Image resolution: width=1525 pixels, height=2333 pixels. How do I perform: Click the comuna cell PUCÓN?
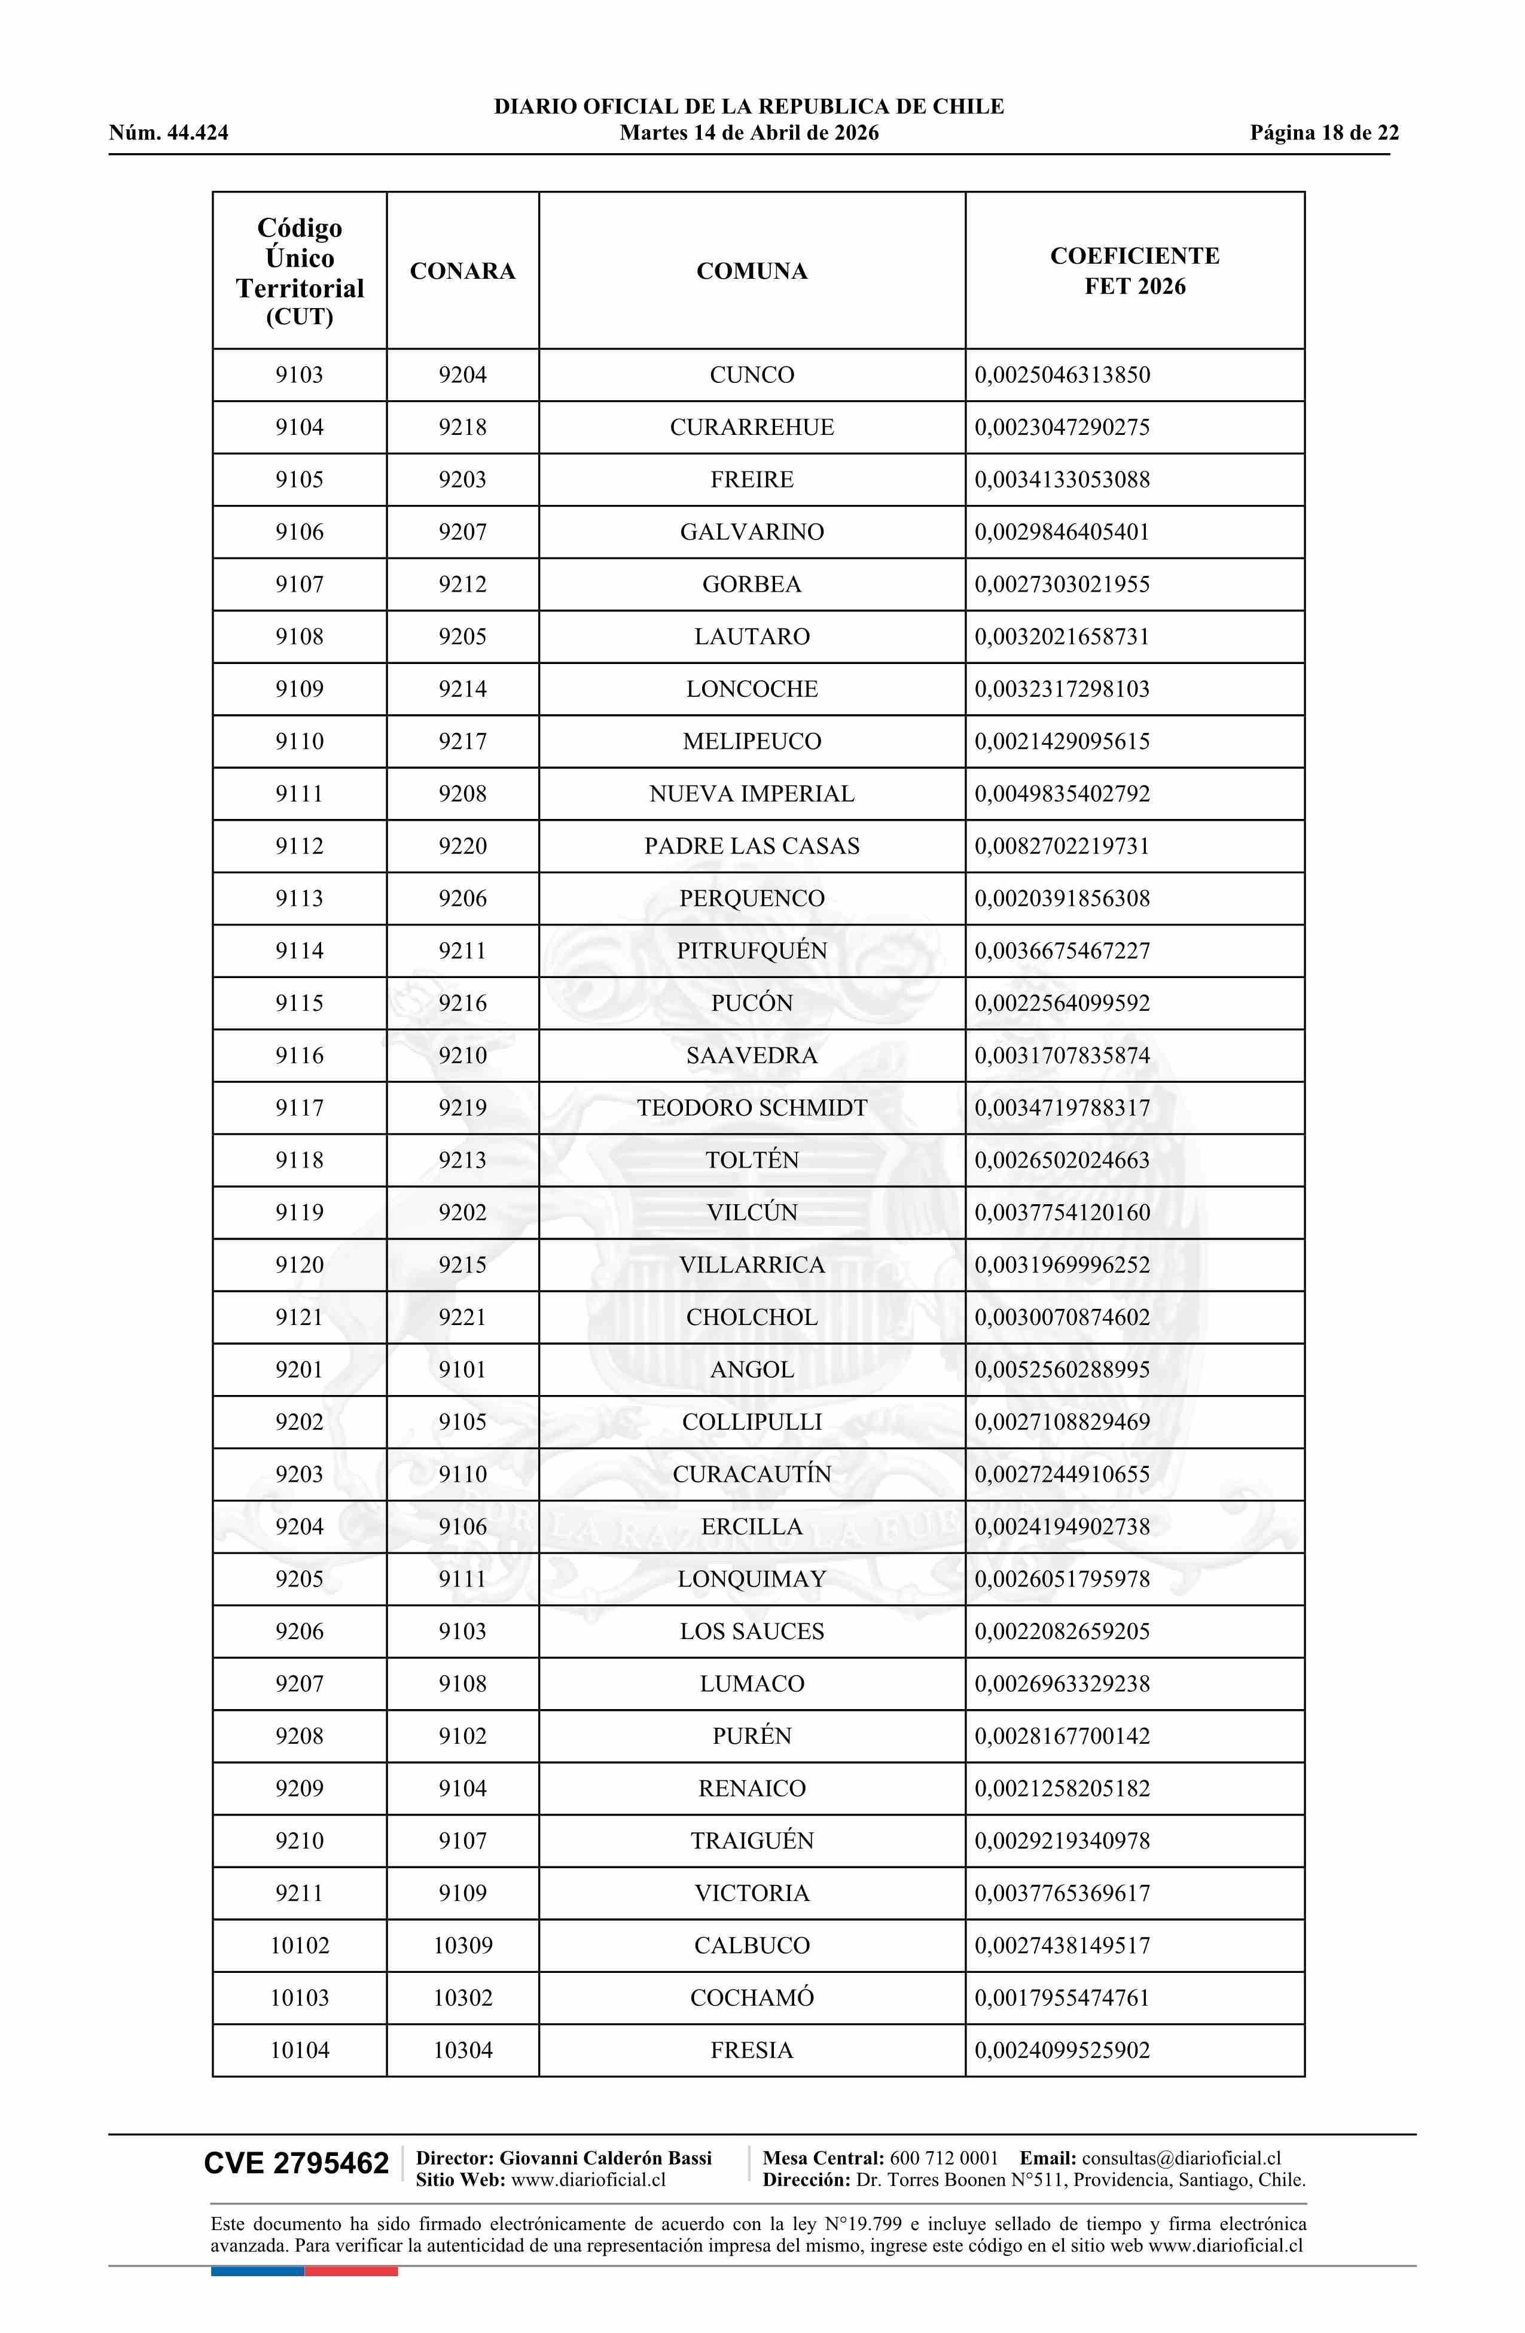pyautogui.click(x=752, y=1003)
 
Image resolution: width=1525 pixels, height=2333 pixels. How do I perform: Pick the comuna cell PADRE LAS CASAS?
pyautogui.click(x=752, y=846)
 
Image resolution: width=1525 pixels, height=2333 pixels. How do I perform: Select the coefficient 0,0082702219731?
pyautogui.click(x=1062, y=846)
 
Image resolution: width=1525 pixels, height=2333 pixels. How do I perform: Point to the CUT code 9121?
pyautogui.click(x=299, y=1317)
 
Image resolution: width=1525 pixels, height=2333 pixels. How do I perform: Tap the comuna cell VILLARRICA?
pyautogui.click(x=752, y=1265)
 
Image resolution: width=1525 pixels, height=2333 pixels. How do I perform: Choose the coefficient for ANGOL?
pyautogui.click(x=1062, y=1369)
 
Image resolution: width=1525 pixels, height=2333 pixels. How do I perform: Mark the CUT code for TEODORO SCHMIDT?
pyautogui.click(x=299, y=1108)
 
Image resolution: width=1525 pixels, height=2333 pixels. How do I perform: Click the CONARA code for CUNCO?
pyautogui.click(x=463, y=374)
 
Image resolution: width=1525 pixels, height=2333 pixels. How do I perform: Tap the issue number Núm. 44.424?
pyautogui.click(x=169, y=133)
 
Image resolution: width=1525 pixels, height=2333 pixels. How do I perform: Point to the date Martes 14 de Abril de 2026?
pyautogui.click(x=749, y=133)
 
